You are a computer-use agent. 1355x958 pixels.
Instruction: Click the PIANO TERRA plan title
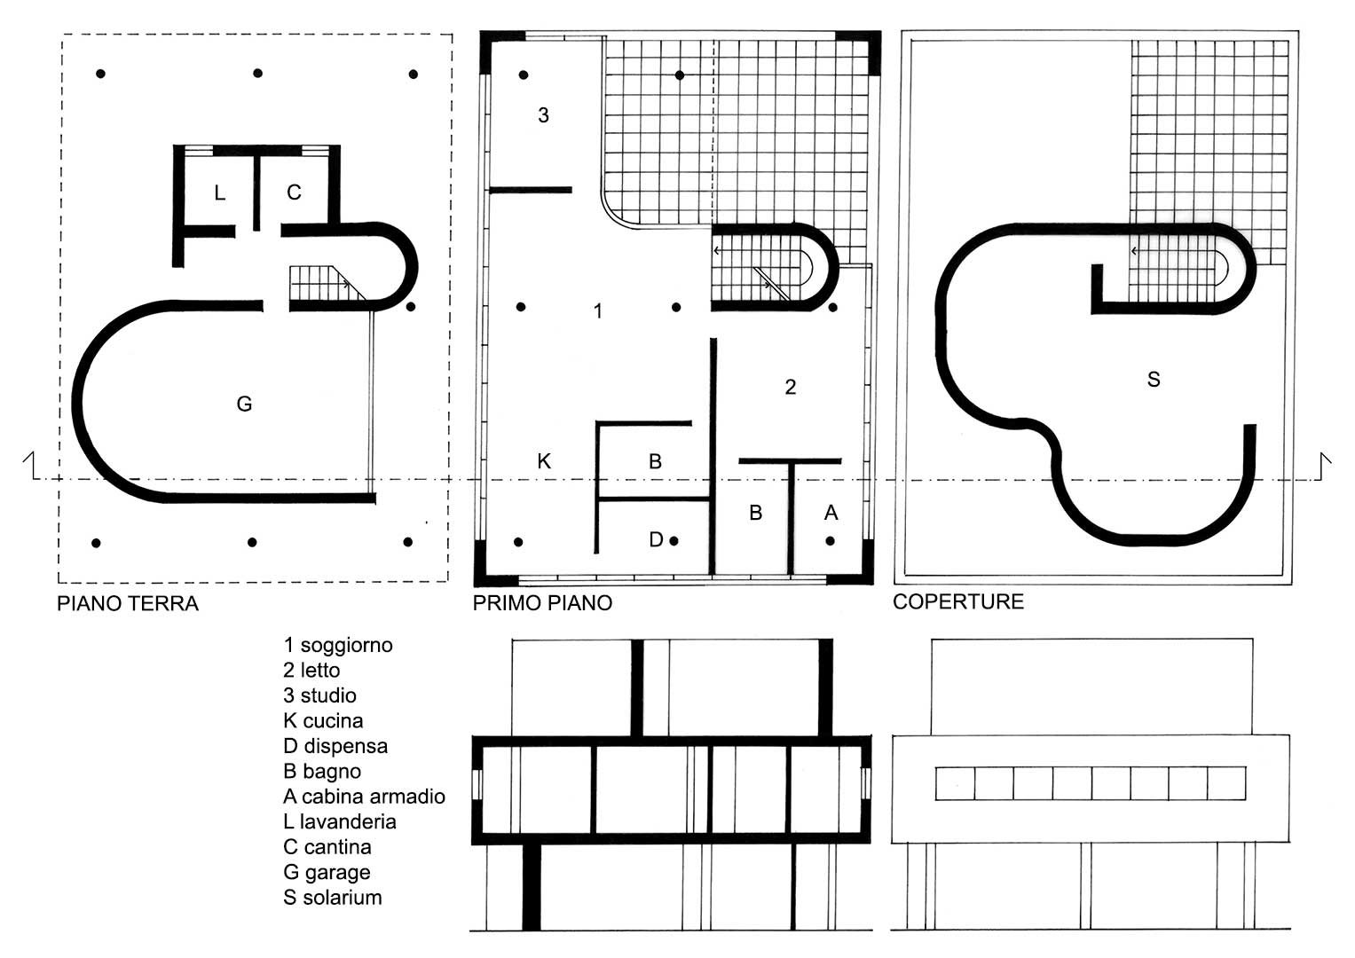click(128, 603)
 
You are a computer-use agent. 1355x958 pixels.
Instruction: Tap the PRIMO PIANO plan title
click(542, 603)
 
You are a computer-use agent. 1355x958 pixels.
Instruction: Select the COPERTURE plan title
click(958, 601)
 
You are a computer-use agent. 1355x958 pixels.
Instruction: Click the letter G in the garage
click(244, 404)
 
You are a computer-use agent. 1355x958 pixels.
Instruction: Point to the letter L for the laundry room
click(219, 193)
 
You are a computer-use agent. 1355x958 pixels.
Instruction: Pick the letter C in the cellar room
click(294, 192)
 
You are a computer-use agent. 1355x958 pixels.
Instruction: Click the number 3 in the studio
click(543, 115)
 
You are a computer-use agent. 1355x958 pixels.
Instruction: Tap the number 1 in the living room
click(598, 310)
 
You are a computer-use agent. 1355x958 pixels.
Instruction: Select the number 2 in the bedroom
click(790, 387)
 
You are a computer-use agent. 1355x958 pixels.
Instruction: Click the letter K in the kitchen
click(544, 461)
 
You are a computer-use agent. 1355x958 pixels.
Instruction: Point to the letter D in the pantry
click(656, 539)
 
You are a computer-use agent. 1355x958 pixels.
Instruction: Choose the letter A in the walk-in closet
click(831, 513)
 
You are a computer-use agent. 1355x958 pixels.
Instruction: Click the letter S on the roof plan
click(1154, 380)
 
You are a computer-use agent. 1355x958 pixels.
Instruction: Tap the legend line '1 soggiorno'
click(338, 646)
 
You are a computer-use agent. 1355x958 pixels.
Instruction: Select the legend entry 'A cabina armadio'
click(364, 797)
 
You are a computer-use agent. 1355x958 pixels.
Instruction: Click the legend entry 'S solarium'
click(333, 898)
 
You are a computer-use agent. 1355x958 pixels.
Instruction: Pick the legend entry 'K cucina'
click(323, 721)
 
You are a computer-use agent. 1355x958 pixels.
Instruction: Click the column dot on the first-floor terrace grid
click(680, 75)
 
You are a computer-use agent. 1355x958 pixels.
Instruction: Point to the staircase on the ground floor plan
click(327, 284)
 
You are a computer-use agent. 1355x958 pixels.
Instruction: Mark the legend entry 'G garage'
click(327, 873)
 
